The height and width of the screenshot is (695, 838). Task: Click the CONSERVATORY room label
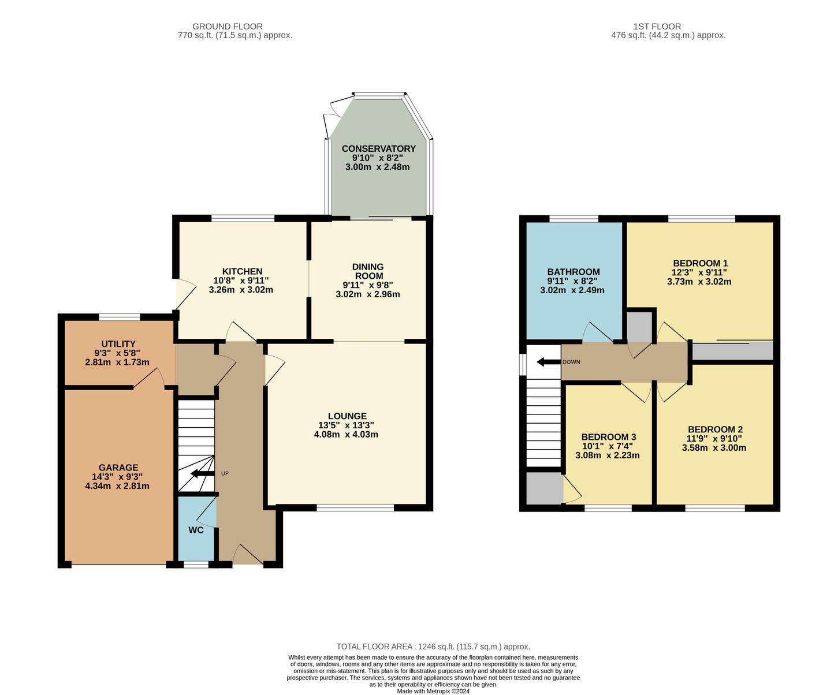[x=378, y=148]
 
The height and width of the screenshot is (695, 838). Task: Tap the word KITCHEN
[x=242, y=271]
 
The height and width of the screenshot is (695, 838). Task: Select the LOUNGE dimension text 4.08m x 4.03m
[x=346, y=434]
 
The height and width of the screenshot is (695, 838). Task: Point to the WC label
[x=196, y=530]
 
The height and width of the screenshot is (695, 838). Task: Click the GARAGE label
[x=118, y=468]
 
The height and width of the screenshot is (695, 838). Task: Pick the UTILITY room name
[x=118, y=344]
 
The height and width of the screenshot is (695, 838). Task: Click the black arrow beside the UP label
[x=202, y=473]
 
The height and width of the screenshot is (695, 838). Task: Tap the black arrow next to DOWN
[x=549, y=362]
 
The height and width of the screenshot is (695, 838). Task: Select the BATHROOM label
[x=573, y=272]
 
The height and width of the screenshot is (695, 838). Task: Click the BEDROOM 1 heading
[x=701, y=263]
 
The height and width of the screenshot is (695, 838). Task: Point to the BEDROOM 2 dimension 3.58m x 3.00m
[x=714, y=448]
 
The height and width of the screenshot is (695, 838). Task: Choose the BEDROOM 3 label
[x=609, y=437]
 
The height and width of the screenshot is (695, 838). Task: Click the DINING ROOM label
[x=368, y=271]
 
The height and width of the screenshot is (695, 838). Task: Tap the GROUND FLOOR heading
[x=228, y=27]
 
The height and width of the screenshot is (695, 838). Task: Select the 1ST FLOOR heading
[x=657, y=27]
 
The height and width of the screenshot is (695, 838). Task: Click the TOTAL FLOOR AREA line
[x=433, y=647]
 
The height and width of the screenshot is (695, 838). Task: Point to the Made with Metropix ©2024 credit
[x=433, y=691]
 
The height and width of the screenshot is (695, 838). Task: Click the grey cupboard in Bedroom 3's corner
[x=545, y=488]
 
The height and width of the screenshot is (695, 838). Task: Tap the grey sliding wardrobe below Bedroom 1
[x=733, y=351]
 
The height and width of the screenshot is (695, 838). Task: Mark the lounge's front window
[x=355, y=507]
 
